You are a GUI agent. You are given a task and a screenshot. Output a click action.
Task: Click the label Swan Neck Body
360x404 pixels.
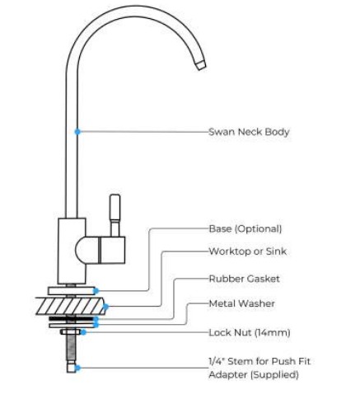coord(249,132)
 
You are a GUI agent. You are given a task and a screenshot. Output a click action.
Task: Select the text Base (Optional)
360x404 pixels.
coord(245,228)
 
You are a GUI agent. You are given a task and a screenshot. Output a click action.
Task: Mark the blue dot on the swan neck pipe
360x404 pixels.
coord(77,132)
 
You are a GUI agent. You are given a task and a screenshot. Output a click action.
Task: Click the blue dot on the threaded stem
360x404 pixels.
coord(77,368)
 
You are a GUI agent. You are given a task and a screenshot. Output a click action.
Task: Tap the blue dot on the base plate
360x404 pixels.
coord(96,290)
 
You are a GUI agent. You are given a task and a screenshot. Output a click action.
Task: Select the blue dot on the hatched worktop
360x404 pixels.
coord(105,306)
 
